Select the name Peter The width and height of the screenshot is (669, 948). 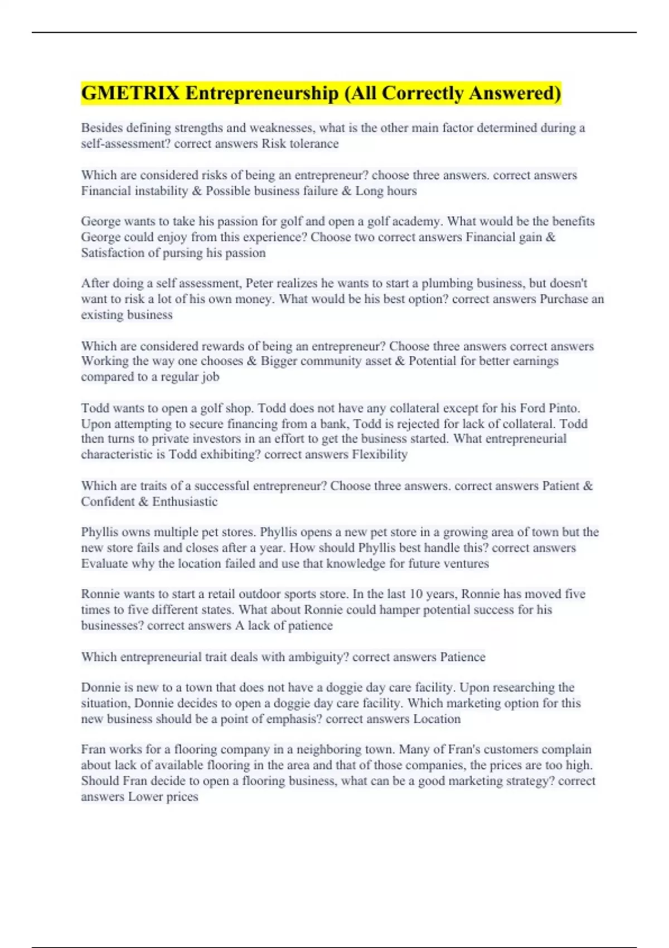[x=260, y=283]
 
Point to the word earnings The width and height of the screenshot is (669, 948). [x=535, y=361]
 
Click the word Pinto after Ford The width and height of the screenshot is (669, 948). [x=564, y=408]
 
